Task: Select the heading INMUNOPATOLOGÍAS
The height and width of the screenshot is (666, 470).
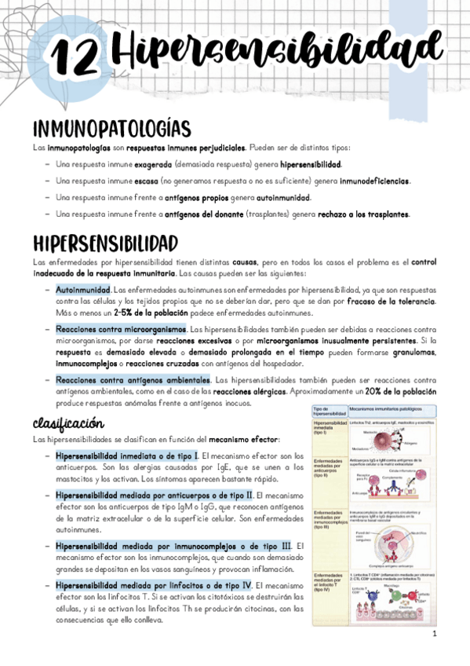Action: tap(112, 128)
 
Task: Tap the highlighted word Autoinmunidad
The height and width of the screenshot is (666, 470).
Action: tap(83, 290)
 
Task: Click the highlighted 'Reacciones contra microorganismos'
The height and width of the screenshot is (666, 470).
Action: tap(121, 329)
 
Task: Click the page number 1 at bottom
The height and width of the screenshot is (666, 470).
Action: tap(433, 633)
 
